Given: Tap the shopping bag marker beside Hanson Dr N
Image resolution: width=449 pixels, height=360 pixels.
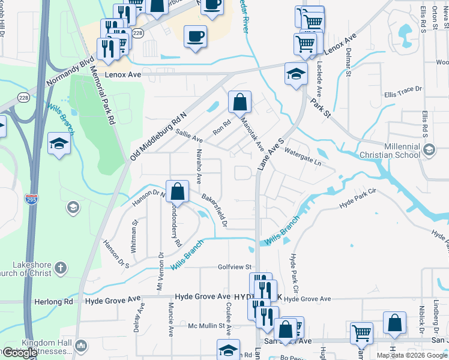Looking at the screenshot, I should [178, 192].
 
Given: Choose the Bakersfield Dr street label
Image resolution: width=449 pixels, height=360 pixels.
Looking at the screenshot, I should [214, 210].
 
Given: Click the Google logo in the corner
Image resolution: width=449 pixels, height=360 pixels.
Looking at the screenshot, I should [20, 353].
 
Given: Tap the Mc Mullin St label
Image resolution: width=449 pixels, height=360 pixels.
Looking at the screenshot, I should [209, 326].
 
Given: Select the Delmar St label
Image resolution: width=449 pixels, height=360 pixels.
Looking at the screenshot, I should [348, 63].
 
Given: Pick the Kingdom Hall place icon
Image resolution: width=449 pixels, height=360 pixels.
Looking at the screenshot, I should [81, 346].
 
